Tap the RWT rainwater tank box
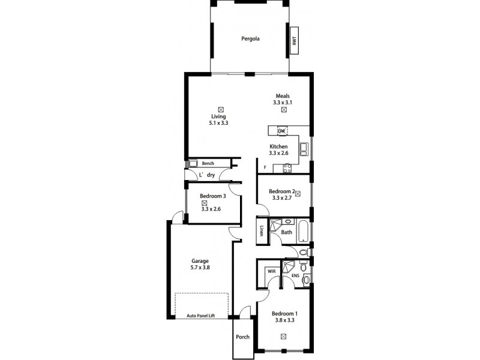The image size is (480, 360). [295, 41]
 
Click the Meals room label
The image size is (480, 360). [284, 96]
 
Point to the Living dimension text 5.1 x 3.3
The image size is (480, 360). [220, 123]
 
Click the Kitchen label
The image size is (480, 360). [278, 146]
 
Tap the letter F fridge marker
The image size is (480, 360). [265, 168]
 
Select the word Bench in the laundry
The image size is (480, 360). [208, 163]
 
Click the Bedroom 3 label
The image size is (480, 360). [212, 196]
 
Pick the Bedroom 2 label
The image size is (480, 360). [281, 191]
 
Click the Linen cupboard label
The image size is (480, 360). [262, 232]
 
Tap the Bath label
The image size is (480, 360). [287, 232]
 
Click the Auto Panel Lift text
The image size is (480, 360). [200, 315]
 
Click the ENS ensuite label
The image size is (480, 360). [295, 275]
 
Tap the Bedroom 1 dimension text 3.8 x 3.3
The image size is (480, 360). [284, 320]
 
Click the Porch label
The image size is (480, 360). [242, 337]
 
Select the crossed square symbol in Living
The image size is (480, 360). [221, 109]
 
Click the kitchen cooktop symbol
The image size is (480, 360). [287, 168]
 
